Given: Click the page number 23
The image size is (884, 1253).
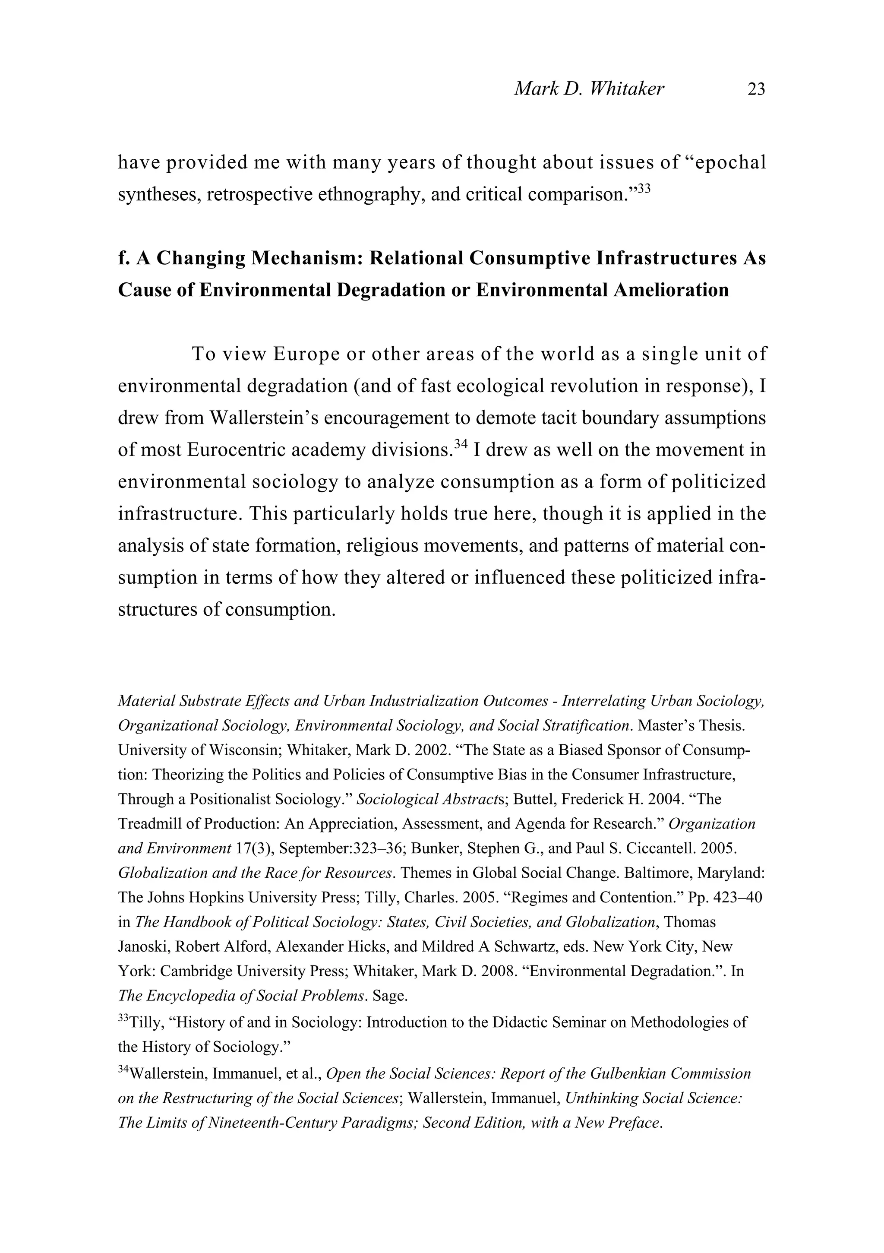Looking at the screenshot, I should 756,89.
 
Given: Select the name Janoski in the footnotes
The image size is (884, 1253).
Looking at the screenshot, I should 143,947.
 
